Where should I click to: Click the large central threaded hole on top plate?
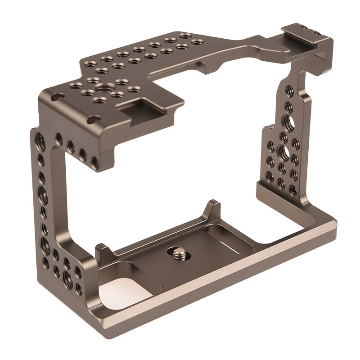(x=108, y=88)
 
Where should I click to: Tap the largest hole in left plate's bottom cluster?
(x=67, y=275)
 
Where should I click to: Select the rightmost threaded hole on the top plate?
(x=197, y=42)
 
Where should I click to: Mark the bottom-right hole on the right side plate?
(x=293, y=191)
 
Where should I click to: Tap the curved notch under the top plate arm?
(x=216, y=68)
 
